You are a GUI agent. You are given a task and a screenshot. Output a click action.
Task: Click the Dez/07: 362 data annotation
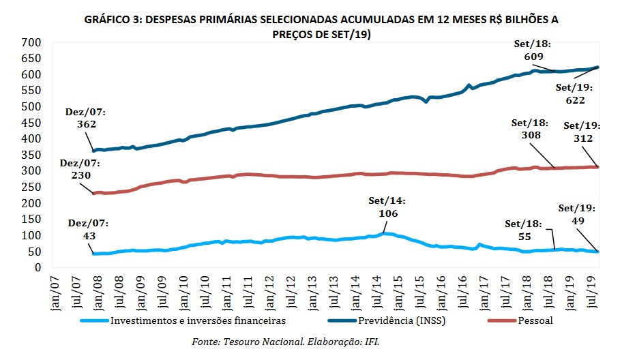point(82,118)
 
